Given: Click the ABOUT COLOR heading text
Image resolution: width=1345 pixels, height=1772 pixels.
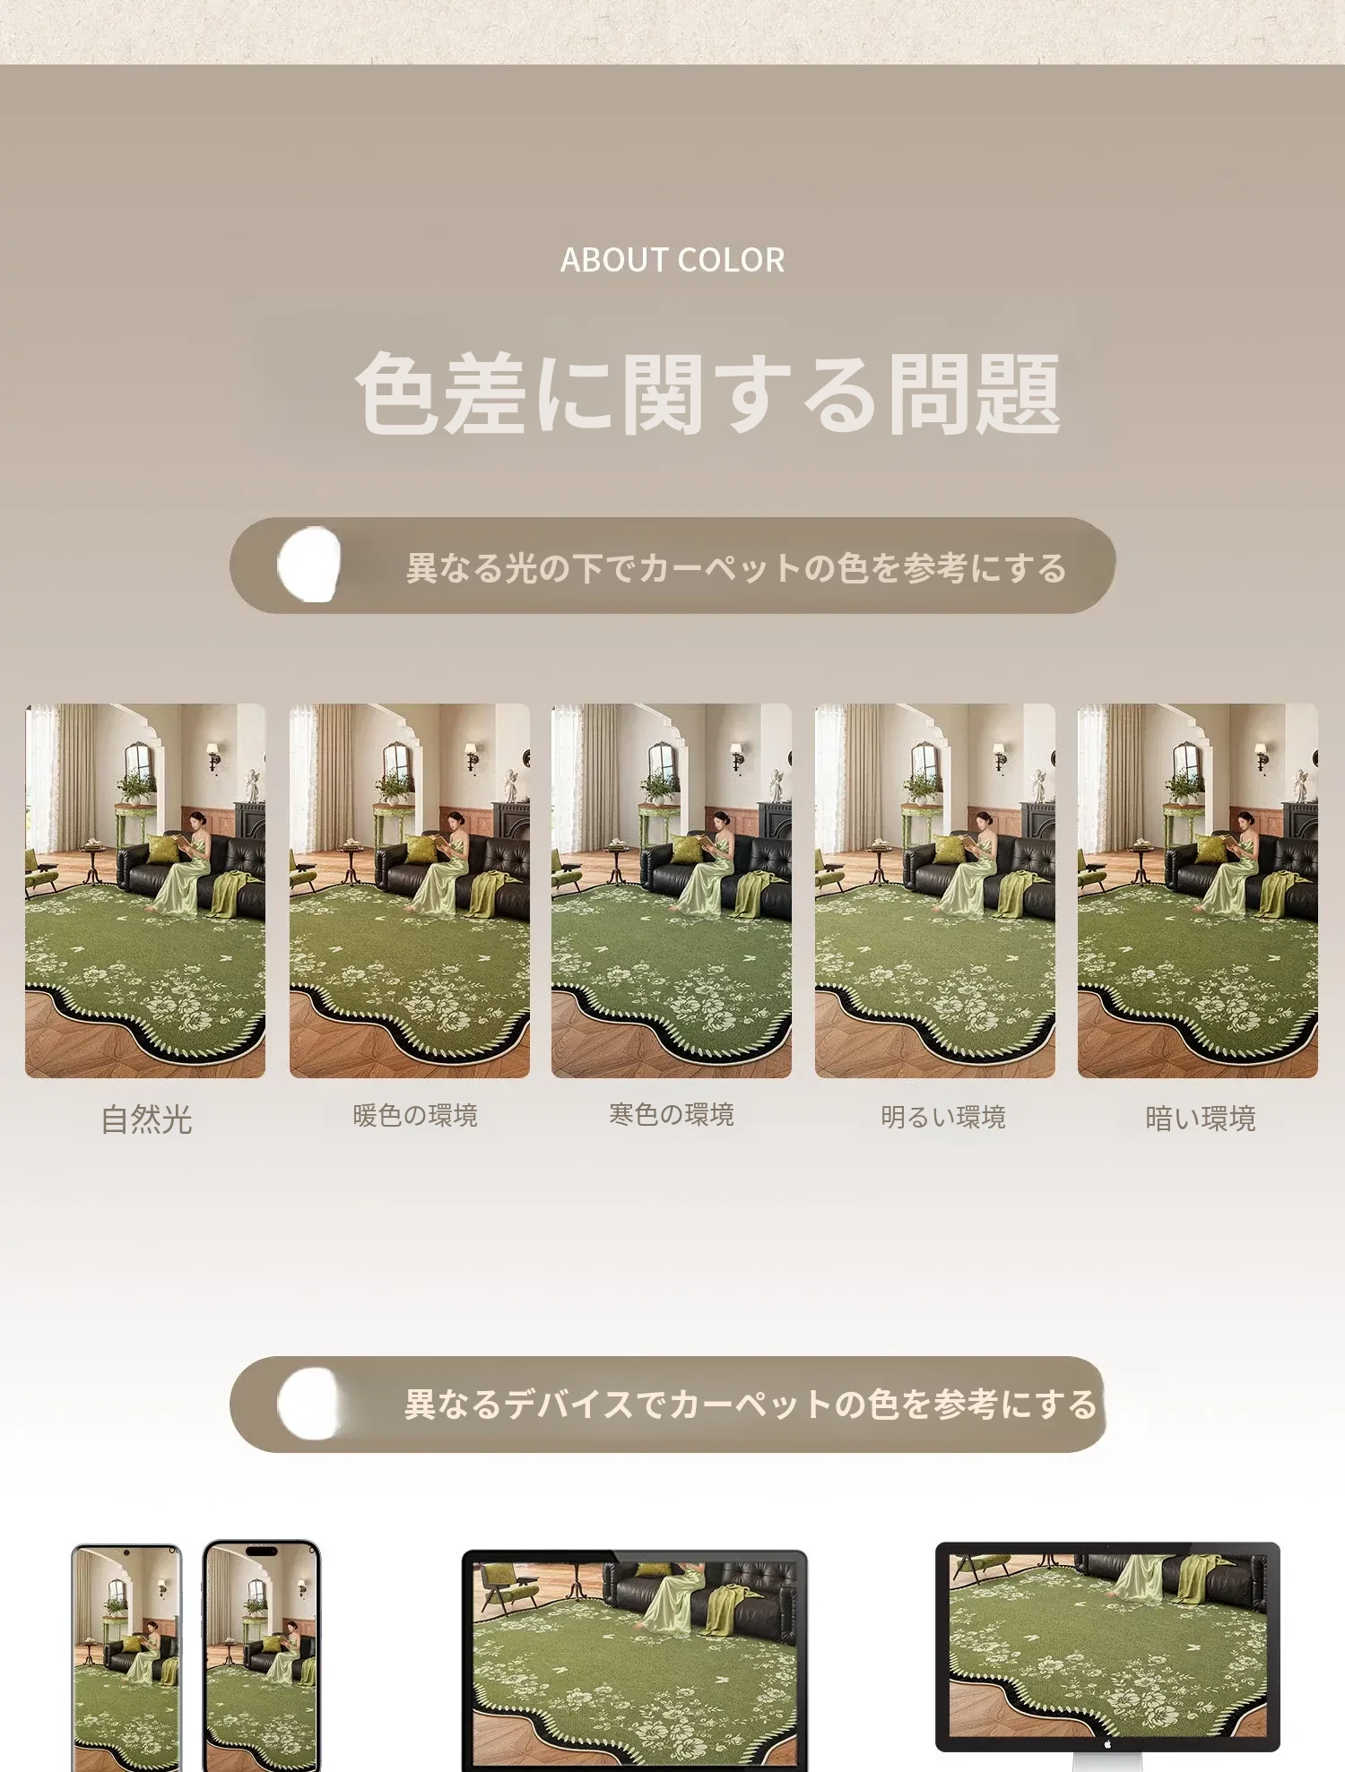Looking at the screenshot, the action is pyautogui.click(x=672, y=260).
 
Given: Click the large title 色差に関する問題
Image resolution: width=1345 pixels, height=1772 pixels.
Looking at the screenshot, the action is pyautogui.click(x=708, y=393).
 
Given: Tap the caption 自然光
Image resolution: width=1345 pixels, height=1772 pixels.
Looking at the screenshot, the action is pyautogui.click(x=146, y=1119).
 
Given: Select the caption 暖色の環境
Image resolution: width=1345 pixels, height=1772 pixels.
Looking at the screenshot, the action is pyautogui.click(x=415, y=1116).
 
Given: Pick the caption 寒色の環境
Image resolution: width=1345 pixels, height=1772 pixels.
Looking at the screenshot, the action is pyautogui.click(x=672, y=1114).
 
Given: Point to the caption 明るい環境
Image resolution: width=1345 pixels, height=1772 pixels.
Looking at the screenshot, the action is pyautogui.click(x=943, y=1117).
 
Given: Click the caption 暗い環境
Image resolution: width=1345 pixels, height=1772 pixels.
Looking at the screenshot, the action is pyautogui.click(x=1201, y=1119).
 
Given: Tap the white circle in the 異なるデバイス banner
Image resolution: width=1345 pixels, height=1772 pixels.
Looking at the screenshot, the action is pyautogui.click(x=309, y=1404).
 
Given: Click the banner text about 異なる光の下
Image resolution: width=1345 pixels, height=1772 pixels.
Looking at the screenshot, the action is pyautogui.click(x=736, y=567).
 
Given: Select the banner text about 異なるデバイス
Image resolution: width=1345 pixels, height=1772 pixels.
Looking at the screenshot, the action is pyautogui.click(x=751, y=1404).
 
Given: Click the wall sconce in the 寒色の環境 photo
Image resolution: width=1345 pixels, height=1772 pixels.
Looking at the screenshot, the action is pyautogui.click(x=736, y=756).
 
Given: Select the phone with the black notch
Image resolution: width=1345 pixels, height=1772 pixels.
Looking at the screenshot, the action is pyautogui.click(x=261, y=1656).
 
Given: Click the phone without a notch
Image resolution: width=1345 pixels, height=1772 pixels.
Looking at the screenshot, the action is pyautogui.click(x=126, y=1658).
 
